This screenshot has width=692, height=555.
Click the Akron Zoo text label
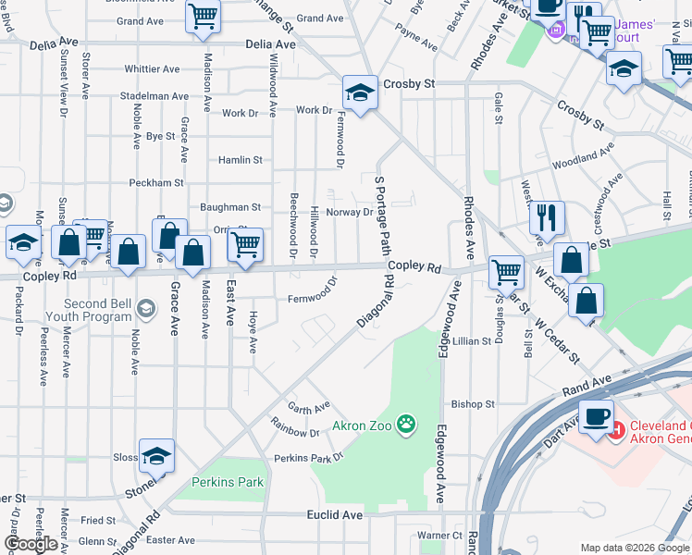click(363, 426)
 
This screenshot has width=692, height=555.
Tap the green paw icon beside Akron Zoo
click(405, 425)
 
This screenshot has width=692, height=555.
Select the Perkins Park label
click(227, 482)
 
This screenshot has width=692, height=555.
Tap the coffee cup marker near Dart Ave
click(596, 415)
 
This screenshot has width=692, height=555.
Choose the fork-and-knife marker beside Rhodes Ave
click(547, 218)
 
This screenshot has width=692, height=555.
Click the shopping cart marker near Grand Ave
click(203, 16)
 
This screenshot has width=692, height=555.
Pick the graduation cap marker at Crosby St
click(360, 92)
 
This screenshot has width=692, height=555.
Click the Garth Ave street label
click(308, 407)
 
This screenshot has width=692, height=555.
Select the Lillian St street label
click(471, 341)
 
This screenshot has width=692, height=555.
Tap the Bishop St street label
click(473, 404)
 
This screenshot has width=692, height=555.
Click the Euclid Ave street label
click(334, 514)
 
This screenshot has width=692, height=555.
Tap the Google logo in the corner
click(31, 544)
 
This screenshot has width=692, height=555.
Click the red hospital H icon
click(617, 428)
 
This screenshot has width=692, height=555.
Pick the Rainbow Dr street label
click(295, 432)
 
